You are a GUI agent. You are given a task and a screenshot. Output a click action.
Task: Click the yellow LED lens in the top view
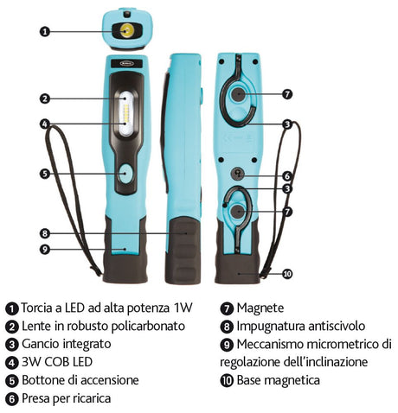pyautogui.click(x=127, y=30)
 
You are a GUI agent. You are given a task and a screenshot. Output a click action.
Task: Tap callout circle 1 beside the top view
pyautogui.click(x=45, y=31)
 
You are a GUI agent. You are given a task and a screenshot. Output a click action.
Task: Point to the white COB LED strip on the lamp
pyautogui.click(x=126, y=114)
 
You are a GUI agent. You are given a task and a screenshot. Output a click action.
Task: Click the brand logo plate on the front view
pyautogui.click(x=126, y=63)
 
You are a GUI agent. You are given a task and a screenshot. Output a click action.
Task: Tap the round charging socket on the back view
pyautogui.click(x=238, y=175)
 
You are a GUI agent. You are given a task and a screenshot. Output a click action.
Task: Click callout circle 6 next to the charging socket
pyautogui.click(x=286, y=175)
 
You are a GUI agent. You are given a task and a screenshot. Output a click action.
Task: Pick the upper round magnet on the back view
pyautogui.click(x=238, y=94)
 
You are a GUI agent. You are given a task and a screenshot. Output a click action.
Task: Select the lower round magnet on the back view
pyautogui.click(x=237, y=212)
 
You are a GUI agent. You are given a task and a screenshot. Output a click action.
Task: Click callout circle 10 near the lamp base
pyautogui.click(x=287, y=274)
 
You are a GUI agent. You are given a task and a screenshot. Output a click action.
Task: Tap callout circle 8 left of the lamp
pyautogui.click(x=45, y=233)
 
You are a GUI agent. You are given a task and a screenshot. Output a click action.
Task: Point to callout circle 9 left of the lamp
pyautogui.click(x=45, y=249)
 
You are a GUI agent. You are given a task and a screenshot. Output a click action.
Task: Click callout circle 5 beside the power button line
pyautogui.click(x=45, y=174)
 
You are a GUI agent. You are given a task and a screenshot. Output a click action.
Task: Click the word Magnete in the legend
pyautogui.click(x=260, y=308)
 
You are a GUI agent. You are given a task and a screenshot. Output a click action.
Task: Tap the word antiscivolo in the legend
pyautogui.click(x=337, y=326)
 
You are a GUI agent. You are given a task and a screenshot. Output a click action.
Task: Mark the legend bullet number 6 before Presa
pyautogui.click(x=12, y=399)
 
